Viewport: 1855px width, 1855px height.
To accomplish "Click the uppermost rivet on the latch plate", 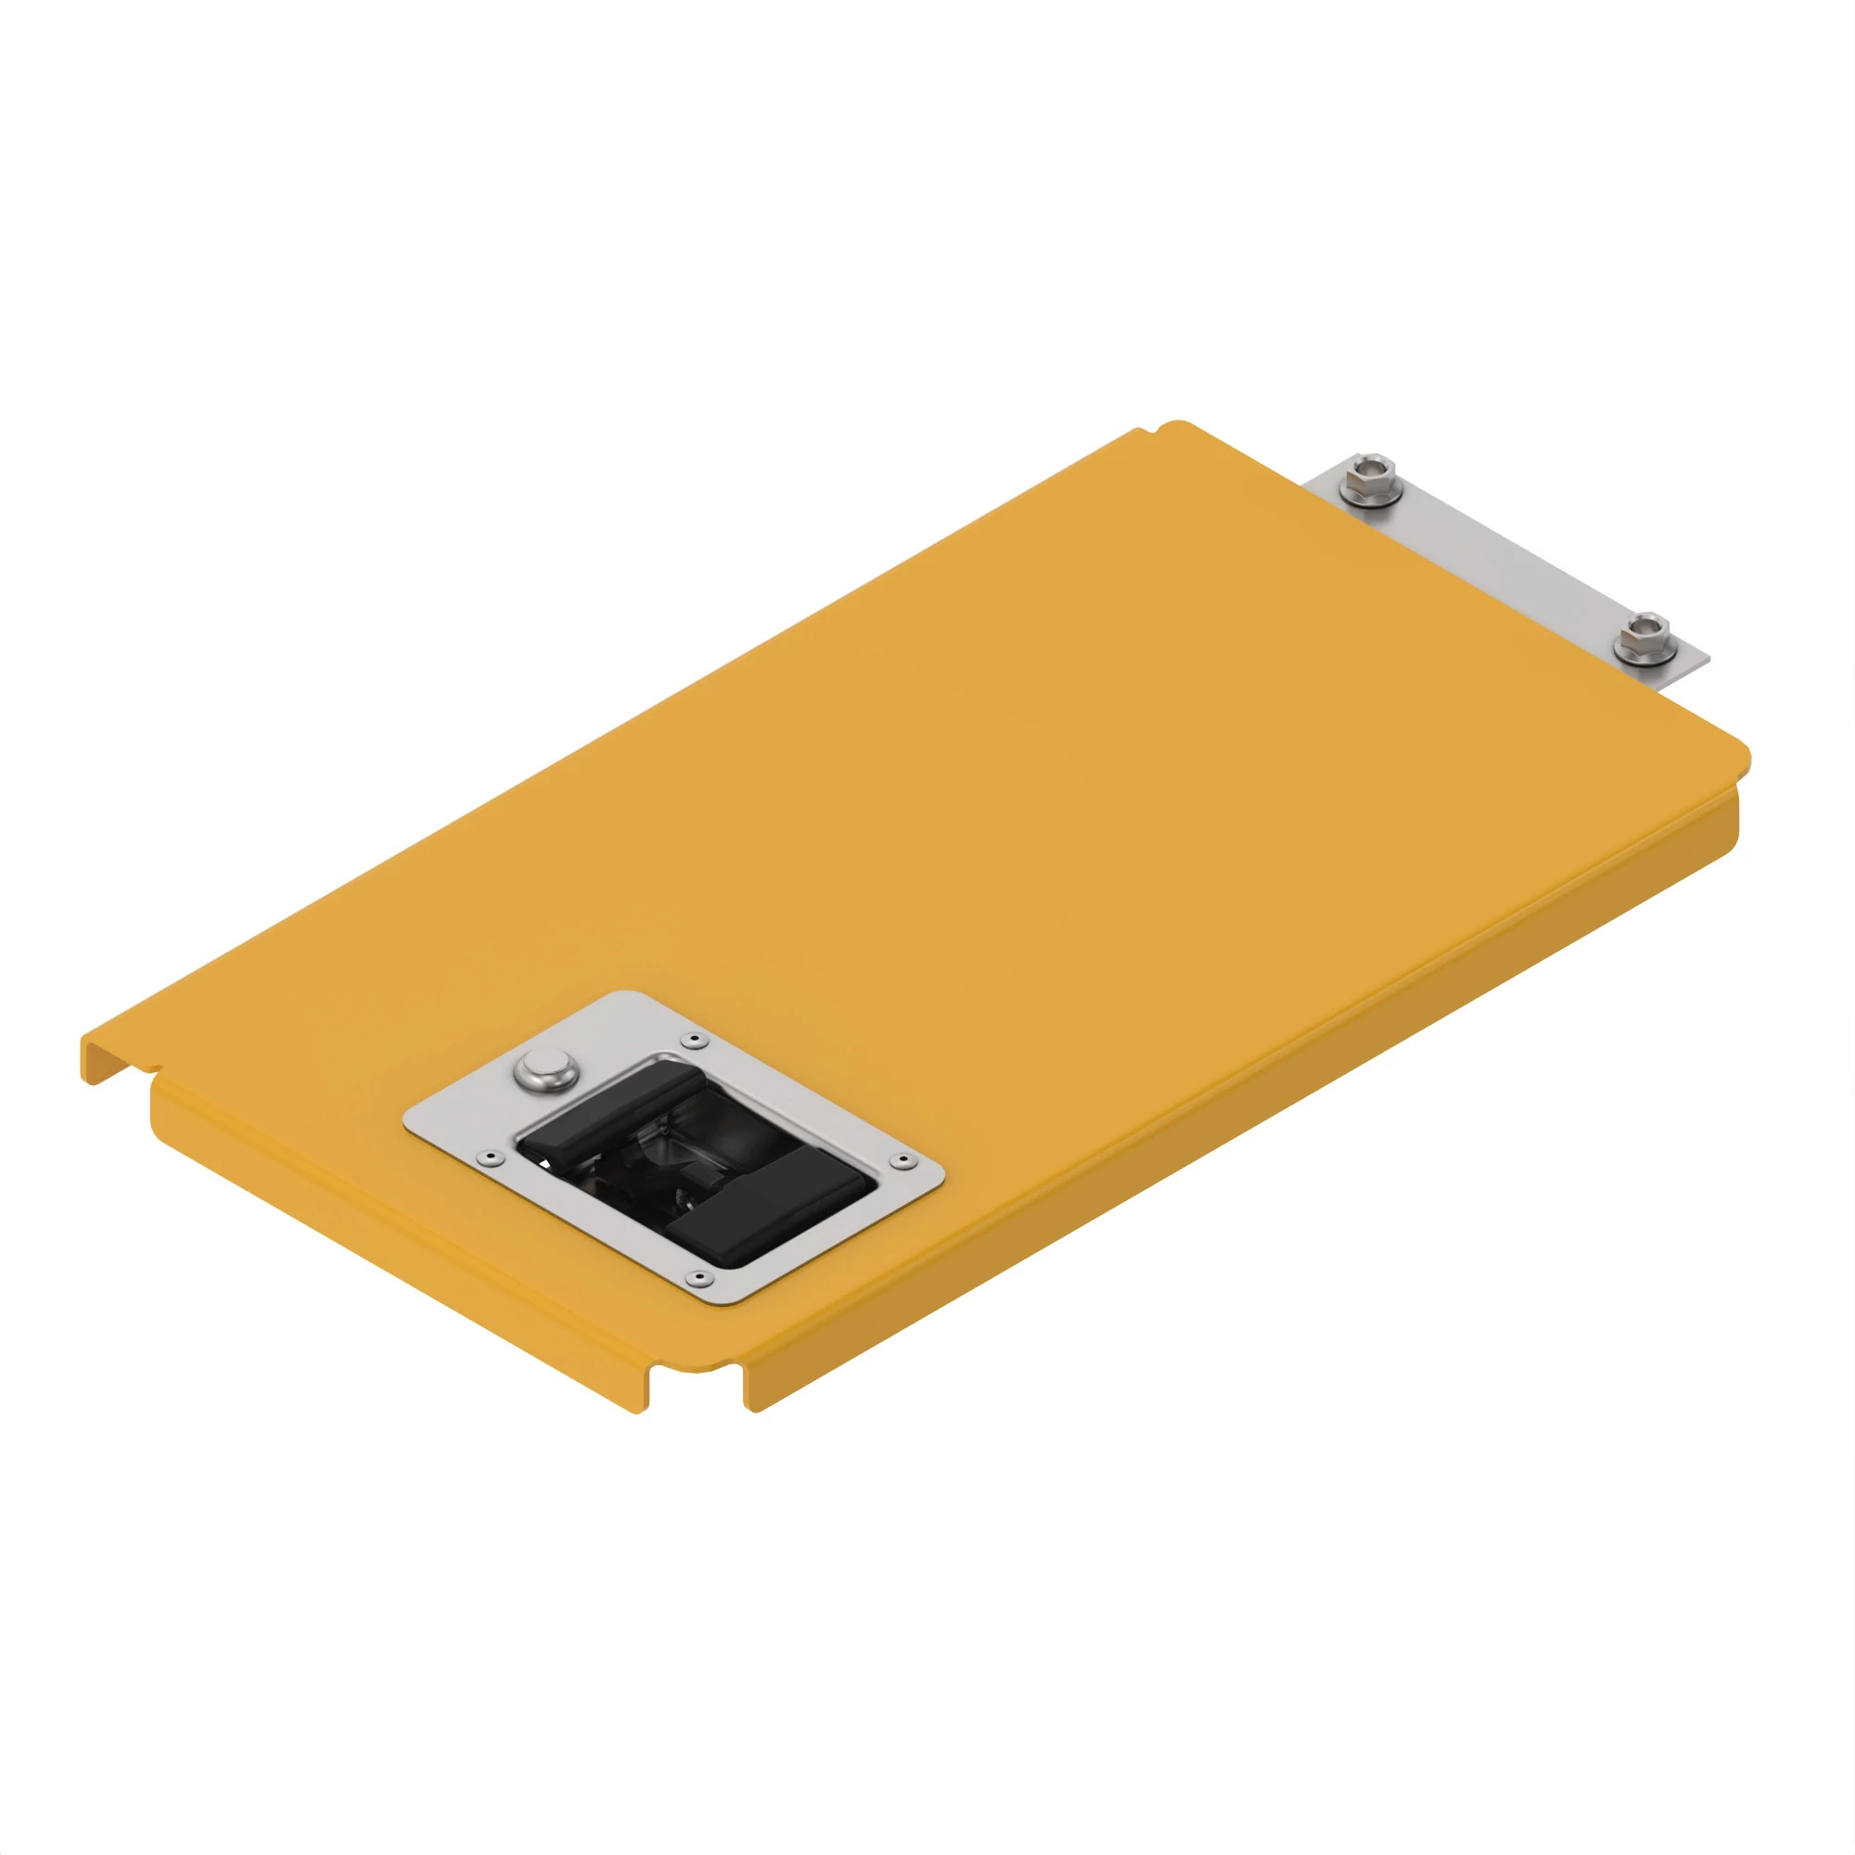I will coord(690,1041).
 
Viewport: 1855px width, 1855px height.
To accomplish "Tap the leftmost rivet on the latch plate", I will coord(492,1158).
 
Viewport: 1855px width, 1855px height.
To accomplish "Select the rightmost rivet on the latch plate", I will coord(902,1162).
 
